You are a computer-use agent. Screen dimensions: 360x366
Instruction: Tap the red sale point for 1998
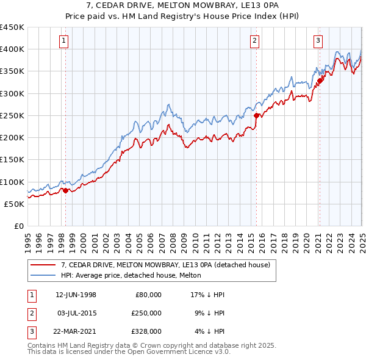click(x=66, y=190)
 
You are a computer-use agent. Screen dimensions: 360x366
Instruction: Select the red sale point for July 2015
click(x=256, y=115)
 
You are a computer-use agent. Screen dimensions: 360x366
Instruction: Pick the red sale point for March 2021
click(x=320, y=81)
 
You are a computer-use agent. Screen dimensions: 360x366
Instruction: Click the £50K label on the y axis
click(x=15, y=204)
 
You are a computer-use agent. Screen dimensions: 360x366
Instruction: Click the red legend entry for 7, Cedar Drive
click(x=169, y=265)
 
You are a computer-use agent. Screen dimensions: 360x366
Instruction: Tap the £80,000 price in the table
click(x=148, y=294)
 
